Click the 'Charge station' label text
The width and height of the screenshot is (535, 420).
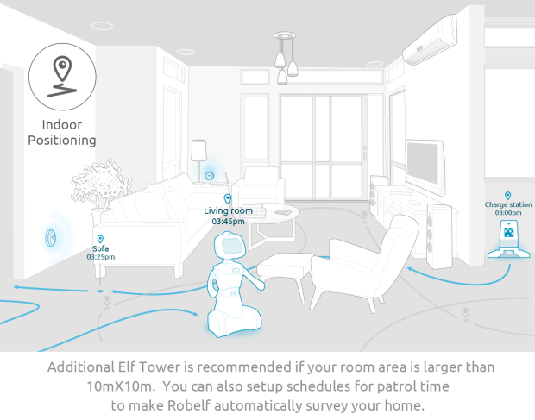508,204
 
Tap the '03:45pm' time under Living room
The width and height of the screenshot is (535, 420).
228,221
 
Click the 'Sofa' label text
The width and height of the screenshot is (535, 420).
100,248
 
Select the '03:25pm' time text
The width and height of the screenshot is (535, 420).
100,257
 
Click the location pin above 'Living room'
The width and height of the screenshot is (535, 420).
228,199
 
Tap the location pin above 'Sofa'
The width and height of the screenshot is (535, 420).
100,238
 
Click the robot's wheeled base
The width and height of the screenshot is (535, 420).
230,320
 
